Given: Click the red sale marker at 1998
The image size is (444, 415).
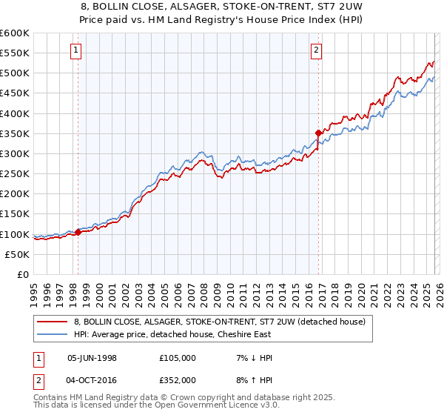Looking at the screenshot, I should (78, 232).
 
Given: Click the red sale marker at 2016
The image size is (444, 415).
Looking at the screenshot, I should (318, 133).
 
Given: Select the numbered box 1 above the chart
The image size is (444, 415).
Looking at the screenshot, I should (77, 50).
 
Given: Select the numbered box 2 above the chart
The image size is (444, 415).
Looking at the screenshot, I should (316, 50).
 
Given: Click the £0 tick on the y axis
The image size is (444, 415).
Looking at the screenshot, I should (24, 274).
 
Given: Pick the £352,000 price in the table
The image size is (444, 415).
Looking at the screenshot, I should (177, 379).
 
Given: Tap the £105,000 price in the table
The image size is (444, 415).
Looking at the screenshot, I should (177, 358).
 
